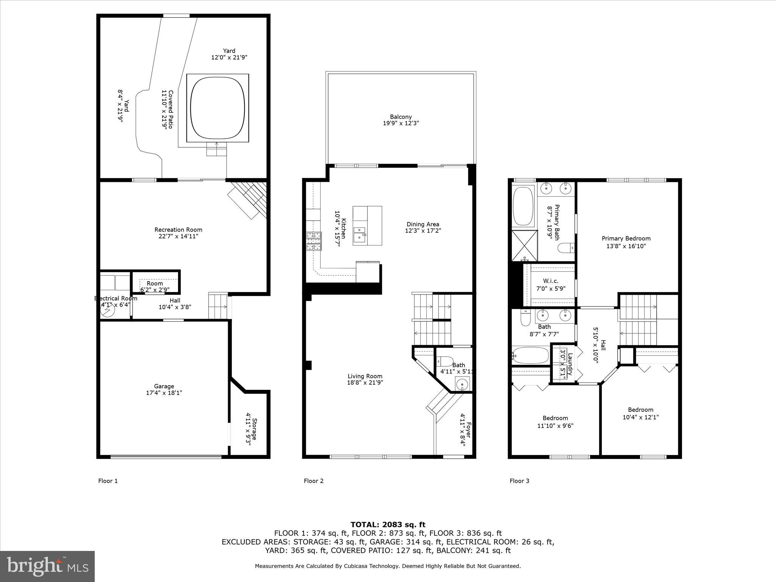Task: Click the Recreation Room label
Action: (178, 230)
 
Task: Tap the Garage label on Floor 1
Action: (164, 386)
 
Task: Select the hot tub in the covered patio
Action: (217, 108)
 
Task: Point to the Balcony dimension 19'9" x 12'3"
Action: (401, 123)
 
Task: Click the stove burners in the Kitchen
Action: (314, 241)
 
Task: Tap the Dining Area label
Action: (422, 224)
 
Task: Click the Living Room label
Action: (365, 376)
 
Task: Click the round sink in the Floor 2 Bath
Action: (462, 385)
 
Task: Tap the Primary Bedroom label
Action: (626, 238)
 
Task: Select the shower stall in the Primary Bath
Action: (524, 246)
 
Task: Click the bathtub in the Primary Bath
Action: (523, 206)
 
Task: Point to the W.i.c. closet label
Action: (550, 281)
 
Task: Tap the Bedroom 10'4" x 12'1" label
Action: (640, 410)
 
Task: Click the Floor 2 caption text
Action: (313, 481)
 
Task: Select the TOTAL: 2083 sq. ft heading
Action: (388, 525)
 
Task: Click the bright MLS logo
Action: (47, 566)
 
